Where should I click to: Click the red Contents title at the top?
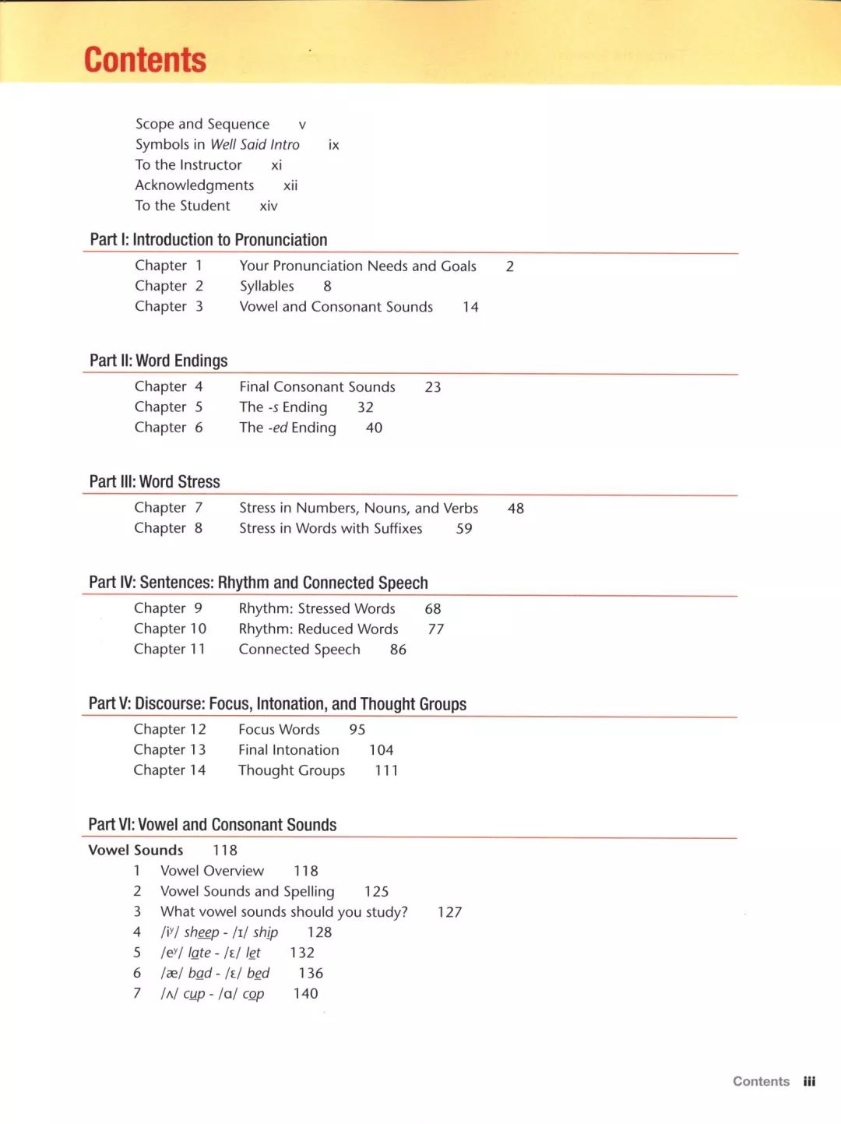pos(145,61)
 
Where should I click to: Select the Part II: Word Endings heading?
pos(158,361)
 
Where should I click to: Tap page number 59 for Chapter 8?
pos(464,529)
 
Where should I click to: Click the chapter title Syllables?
pos(266,287)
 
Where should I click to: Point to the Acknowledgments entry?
pos(195,185)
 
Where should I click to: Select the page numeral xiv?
pos(269,206)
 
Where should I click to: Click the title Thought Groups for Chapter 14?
pos(291,770)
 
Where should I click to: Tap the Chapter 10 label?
pos(170,629)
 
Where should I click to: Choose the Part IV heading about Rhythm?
pos(258,583)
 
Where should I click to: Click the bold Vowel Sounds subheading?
pos(135,851)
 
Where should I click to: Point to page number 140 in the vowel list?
pos(305,994)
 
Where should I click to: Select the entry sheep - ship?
pos(220,932)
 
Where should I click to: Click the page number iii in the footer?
pos(809,1081)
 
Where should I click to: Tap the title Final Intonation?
pos(288,750)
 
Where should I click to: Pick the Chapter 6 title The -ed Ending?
pos(287,428)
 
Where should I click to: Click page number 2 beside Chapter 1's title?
pos(509,266)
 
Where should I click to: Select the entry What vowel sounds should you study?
pos(283,912)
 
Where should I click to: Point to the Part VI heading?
pos(212,825)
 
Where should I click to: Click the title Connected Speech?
pos(299,650)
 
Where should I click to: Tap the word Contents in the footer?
pos(761,1081)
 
